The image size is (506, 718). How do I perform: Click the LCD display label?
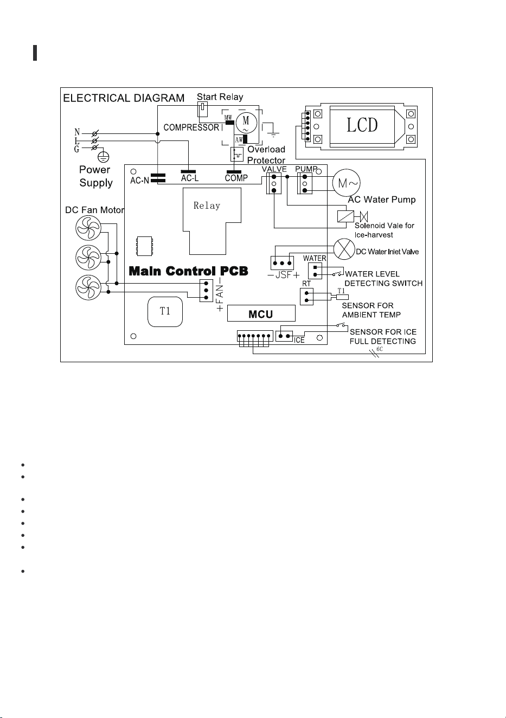click(x=362, y=125)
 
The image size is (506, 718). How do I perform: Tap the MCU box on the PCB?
click(x=261, y=313)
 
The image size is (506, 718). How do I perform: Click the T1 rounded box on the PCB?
click(x=165, y=312)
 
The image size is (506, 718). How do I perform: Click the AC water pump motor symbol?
click(x=347, y=183)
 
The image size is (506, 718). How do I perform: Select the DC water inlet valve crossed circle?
click(x=344, y=249)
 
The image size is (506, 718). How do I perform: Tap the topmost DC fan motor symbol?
click(x=88, y=228)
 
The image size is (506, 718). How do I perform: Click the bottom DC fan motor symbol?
click(x=88, y=287)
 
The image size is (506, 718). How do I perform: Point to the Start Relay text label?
click(x=220, y=97)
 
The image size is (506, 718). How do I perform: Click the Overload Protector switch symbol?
click(x=236, y=154)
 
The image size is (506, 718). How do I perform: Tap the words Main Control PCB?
click(x=188, y=271)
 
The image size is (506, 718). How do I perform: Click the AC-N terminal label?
click(x=139, y=181)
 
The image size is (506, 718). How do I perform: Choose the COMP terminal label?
click(x=236, y=178)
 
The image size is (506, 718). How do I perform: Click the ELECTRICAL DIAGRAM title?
click(x=124, y=98)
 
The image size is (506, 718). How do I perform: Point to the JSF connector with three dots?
click(x=282, y=263)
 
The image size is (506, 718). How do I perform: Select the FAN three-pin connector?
click(x=206, y=291)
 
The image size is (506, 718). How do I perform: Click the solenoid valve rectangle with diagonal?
click(x=345, y=216)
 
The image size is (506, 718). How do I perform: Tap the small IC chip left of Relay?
click(x=144, y=246)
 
